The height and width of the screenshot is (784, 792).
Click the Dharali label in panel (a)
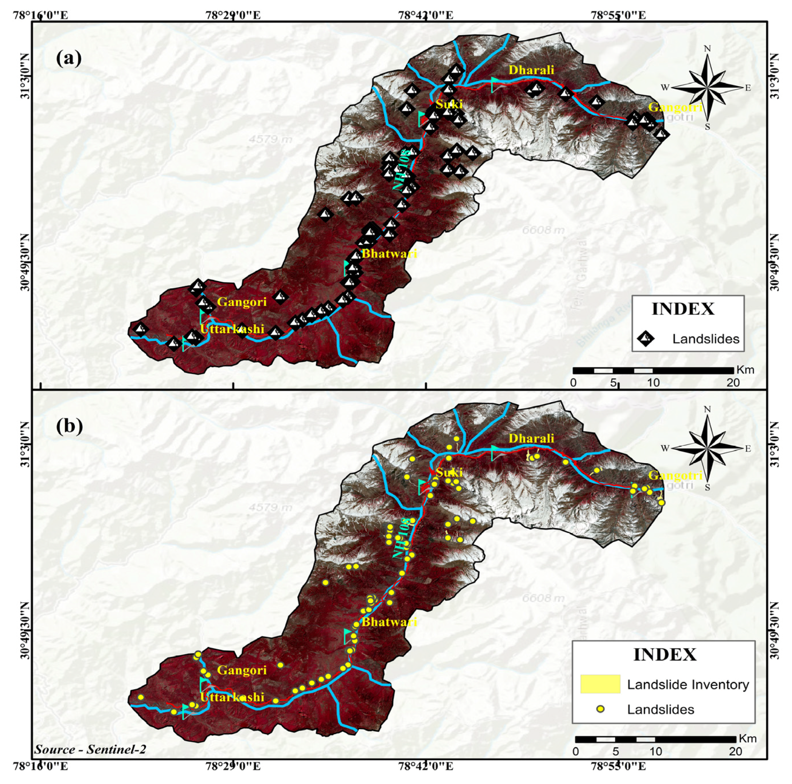531,70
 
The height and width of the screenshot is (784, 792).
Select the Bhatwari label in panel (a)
389,254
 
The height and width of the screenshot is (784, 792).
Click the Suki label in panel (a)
449,104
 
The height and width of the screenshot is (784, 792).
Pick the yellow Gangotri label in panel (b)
675,476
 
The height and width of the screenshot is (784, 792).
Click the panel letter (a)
68,58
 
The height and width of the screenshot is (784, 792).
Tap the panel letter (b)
69,427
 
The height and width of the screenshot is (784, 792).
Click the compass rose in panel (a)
708,87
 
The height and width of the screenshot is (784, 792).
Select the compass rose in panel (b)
708,448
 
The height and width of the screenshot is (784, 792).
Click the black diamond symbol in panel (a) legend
646,338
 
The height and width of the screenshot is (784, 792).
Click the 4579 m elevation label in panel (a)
270,140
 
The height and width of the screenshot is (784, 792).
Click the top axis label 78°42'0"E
426,16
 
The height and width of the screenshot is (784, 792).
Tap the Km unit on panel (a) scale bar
745,370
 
